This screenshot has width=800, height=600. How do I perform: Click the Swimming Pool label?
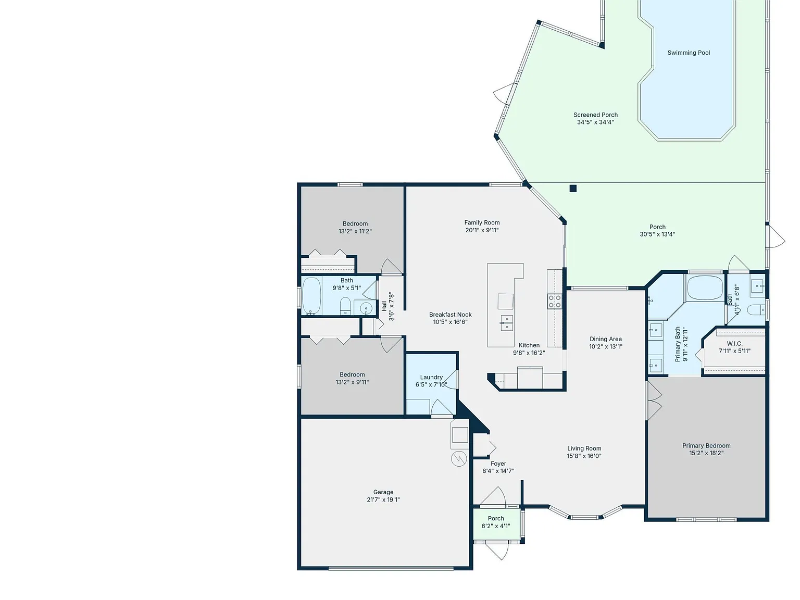tap(689, 53)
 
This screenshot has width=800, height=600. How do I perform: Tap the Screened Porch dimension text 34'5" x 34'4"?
tap(595, 122)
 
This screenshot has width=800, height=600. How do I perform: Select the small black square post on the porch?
tap(573, 189)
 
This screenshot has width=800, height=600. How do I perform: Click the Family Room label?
tap(482, 222)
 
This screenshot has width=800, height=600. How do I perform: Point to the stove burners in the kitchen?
tap(554, 301)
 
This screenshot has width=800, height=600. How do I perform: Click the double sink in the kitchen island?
tap(507, 323)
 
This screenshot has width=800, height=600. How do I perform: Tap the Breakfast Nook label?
tap(450, 315)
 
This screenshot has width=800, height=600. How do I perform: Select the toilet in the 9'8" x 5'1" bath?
tap(345, 306)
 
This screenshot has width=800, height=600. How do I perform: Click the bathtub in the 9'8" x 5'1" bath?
tap(311, 296)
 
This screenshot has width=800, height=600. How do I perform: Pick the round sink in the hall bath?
tap(366, 308)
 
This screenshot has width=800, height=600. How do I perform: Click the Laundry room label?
tap(431, 378)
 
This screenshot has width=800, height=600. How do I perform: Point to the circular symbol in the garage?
tap(459, 459)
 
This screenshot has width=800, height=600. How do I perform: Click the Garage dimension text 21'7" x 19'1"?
tap(383, 499)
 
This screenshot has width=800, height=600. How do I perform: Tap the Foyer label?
tap(498, 464)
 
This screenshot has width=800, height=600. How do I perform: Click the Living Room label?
tap(584, 448)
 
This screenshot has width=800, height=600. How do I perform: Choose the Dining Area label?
tap(605, 339)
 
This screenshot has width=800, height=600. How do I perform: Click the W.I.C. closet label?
tap(734, 344)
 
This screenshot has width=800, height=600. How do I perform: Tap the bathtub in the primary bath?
tap(705, 288)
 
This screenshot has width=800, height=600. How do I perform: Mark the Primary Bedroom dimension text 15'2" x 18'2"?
tap(706, 453)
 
